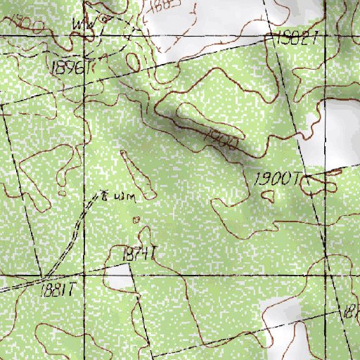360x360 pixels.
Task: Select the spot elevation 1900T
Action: [x=277, y=179]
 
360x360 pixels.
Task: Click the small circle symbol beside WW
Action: [x=104, y=20]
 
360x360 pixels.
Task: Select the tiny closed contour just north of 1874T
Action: [x=137, y=219]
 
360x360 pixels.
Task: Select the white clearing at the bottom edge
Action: [x=281, y=330]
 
